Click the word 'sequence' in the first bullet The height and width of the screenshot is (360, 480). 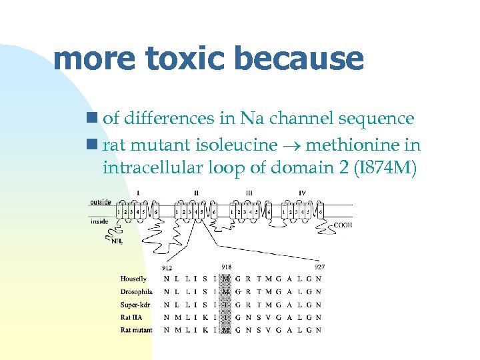point(378,119)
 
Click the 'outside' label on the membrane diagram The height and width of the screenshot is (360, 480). point(101,202)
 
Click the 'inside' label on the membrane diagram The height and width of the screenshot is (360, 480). point(99,221)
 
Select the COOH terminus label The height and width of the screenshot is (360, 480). point(343,225)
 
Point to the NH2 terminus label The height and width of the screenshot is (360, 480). point(117,241)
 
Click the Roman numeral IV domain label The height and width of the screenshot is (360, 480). point(302,193)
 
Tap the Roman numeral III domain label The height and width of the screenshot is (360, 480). point(249,193)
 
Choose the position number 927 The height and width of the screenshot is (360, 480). point(319,267)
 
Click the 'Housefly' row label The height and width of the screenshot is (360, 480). point(133,279)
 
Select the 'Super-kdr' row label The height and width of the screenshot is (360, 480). point(135,304)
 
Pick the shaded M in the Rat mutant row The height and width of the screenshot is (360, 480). point(227,330)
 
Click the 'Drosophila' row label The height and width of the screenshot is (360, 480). point(137,291)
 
